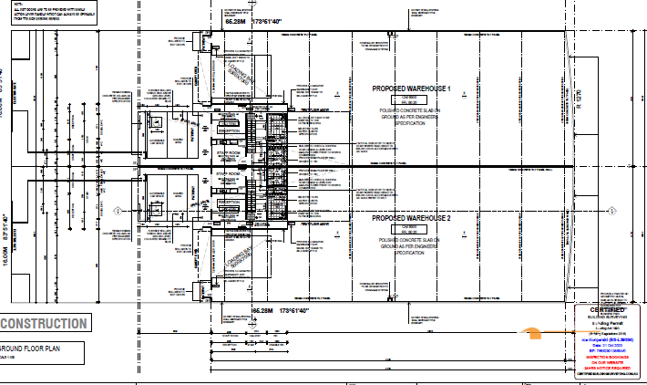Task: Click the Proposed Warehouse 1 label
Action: tap(411, 88)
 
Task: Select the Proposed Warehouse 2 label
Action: tap(411, 219)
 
